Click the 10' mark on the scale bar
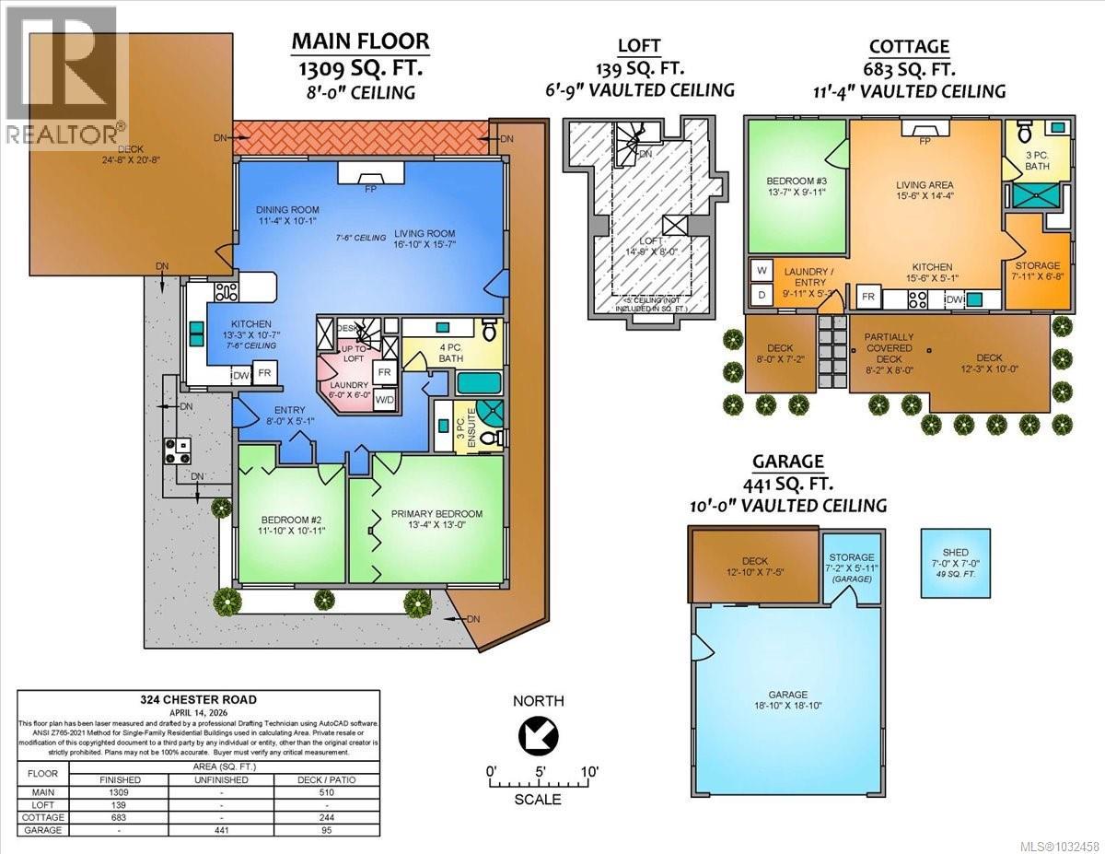(589, 770)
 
